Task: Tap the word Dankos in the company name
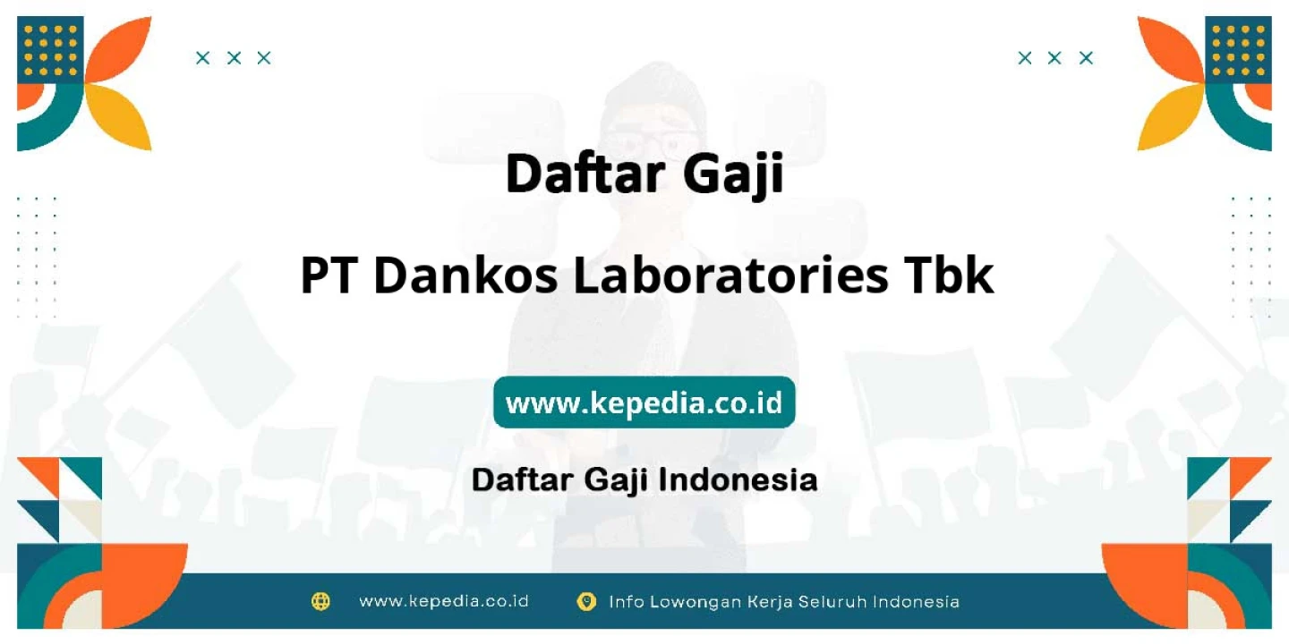pos(466,275)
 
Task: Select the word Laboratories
pos(730,275)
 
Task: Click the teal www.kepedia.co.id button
pos(644,402)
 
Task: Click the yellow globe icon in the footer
pos(320,601)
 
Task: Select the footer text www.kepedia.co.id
pos(444,601)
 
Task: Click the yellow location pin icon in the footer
pos(586,602)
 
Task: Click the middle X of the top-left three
pos(234,58)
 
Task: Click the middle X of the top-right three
pos(1054,58)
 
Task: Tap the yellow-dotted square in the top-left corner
pos(50,50)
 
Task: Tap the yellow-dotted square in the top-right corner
pos(1238,50)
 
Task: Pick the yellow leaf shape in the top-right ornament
pos(1170,117)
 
